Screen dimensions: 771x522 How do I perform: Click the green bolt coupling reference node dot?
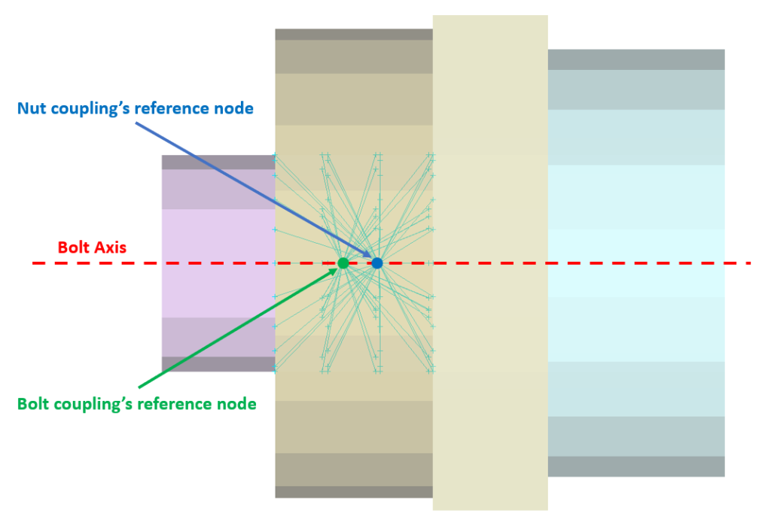click(x=343, y=263)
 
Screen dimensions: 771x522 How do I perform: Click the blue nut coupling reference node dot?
click(x=377, y=263)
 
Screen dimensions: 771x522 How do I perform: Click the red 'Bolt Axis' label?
click(x=92, y=247)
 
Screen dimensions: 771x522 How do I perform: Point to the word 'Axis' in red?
click(x=111, y=247)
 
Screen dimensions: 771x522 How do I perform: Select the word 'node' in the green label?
click(x=236, y=404)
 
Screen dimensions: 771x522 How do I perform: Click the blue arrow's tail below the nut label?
click(x=137, y=123)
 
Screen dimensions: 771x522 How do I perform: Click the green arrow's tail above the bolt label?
click(x=139, y=387)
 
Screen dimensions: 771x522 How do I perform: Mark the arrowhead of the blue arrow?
click(x=369, y=256)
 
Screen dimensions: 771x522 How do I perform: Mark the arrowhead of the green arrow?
click(x=335, y=270)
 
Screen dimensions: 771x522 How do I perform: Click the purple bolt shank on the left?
click(x=218, y=263)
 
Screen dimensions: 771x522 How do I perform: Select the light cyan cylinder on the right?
click(x=636, y=263)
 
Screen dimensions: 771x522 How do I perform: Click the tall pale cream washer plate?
click(x=490, y=263)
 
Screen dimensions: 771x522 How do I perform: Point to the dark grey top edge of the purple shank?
click(x=218, y=162)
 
